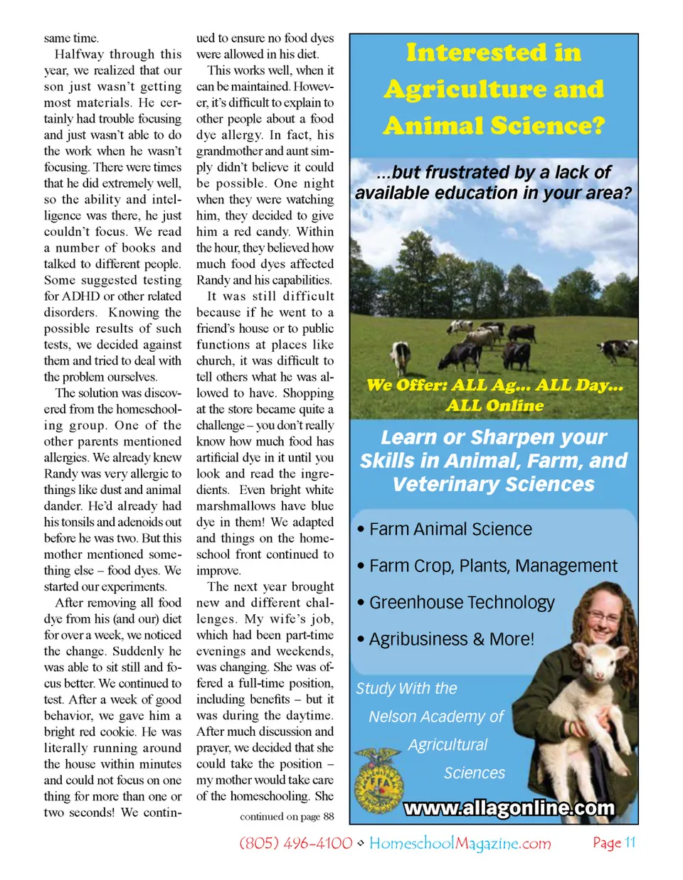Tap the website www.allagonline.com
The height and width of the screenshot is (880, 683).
click(x=509, y=808)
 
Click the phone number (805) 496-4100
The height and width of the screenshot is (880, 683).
click(x=296, y=843)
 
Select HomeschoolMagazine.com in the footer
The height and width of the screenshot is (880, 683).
click(x=460, y=843)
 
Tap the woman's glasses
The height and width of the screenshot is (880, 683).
click(x=603, y=617)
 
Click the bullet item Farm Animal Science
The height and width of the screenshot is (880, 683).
click(x=450, y=530)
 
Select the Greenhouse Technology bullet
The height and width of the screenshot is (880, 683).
click(x=462, y=603)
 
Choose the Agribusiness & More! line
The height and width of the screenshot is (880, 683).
click(x=451, y=639)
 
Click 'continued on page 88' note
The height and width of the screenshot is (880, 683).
click(x=287, y=817)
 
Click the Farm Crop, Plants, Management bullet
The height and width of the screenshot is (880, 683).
click(x=493, y=566)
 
